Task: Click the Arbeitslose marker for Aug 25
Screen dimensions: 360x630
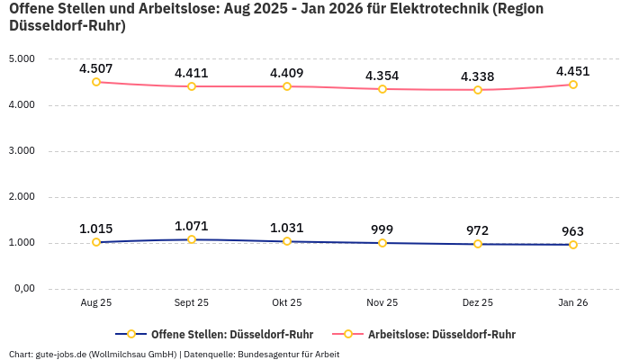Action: (x=96, y=82)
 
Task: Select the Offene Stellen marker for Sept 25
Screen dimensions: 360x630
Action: (x=192, y=239)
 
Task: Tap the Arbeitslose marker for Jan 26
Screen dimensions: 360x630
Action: (x=572, y=85)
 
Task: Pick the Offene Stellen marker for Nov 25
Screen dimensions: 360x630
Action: (x=382, y=243)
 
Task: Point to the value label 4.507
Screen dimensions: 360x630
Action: (x=96, y=67)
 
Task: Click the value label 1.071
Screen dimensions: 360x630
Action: (x=192, y=226)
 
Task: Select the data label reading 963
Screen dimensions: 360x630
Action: (x=572, y=230)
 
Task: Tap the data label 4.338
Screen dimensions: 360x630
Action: (x=477, y=76)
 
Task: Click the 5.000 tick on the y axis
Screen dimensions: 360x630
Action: (x=21, y=59)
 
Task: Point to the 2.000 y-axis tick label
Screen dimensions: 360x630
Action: (x=21, y=197)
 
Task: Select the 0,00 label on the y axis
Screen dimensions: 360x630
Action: (x=22, y=289)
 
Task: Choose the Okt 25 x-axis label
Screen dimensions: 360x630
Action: (x=287, y=303)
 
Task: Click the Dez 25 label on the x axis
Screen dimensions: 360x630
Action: (x=477, y=303)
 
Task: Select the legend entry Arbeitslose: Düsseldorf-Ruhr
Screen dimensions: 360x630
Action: (x=441, y=334)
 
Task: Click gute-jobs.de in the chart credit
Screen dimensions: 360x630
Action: (x=61, y=354)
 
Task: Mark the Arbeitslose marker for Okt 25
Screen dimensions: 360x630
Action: (x=287, y=86)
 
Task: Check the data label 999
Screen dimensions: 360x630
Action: (x=382, y=229)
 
